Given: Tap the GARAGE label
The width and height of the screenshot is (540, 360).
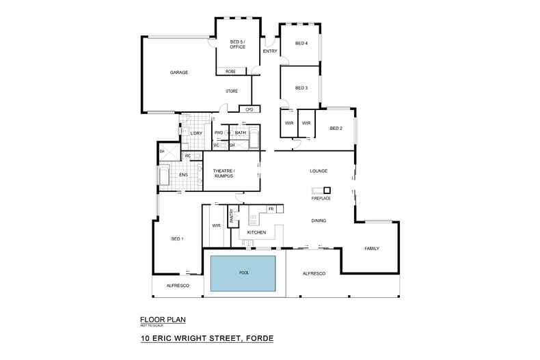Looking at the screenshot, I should (179, 72).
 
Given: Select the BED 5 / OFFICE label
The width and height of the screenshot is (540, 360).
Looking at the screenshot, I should (237, 45).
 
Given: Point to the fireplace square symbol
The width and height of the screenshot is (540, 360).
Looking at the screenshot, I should (327, 190).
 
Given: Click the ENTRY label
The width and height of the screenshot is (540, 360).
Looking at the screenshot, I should (269, 51).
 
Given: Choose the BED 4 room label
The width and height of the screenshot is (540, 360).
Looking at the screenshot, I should (301, 44).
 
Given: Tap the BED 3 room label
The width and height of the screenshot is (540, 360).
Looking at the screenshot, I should (301, 87).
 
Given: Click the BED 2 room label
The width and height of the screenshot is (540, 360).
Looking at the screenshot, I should (336, 128).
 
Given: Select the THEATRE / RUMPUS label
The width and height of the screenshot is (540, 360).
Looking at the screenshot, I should (224, 173).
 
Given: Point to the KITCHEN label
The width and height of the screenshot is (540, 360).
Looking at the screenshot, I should (256, 233).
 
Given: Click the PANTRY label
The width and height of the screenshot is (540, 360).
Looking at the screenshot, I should (232, 216).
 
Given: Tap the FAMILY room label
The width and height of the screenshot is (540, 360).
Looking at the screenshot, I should (371, 248).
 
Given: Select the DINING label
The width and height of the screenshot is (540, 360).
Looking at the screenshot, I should (318, 221).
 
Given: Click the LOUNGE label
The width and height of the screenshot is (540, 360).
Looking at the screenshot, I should (319, 171).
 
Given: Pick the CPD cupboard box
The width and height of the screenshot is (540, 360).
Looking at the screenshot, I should (249, 109).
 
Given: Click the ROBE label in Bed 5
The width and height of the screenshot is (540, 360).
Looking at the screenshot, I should (230, 71).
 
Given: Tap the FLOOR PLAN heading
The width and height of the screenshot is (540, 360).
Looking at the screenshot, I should (163, 319).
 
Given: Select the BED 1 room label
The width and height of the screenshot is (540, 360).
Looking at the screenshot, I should (177, 238).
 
